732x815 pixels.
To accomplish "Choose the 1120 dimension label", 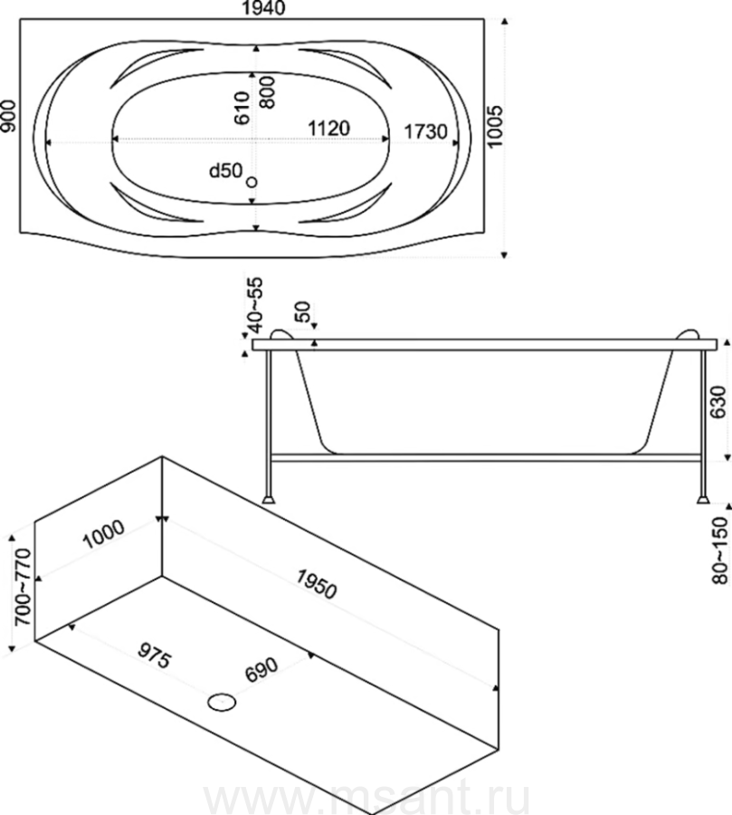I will [x=328, y=129].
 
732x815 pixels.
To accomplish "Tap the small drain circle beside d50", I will [x=252, y=182].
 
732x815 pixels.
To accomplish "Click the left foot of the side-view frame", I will [x=270, y=496].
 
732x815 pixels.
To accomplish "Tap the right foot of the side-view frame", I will [x=701, y=496].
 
